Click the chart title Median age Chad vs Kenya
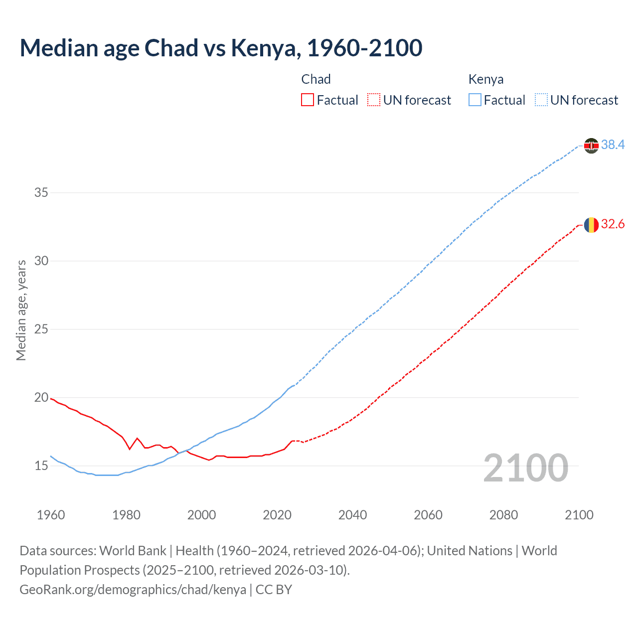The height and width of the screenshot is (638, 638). click(221, 48)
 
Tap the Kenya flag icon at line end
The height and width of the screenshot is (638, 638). click(591, 146)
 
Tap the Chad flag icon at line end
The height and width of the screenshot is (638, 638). click(591, 225)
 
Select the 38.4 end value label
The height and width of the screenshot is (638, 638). click(613, 145)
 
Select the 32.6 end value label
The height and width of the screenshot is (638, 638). click(613, 224)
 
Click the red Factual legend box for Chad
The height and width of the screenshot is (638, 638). click(308, 100)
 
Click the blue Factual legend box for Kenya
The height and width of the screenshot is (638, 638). click(475, 100)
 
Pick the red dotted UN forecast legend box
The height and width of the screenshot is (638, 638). click(374, 100)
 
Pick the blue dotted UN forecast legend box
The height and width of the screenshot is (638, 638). click(541, 100)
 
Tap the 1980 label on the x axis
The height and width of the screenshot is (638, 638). click(126, 515)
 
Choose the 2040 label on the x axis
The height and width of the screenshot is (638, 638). click(352, 515)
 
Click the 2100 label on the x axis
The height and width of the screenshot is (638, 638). click(579, 515)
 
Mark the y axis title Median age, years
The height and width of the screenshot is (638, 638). click(21, 310)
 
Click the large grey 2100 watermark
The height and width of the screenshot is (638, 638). click(526, 468)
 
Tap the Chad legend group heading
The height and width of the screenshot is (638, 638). click(316, 79)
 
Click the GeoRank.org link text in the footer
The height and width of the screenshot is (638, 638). click(133, 590)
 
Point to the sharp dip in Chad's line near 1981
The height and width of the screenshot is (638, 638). click(130, 449)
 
